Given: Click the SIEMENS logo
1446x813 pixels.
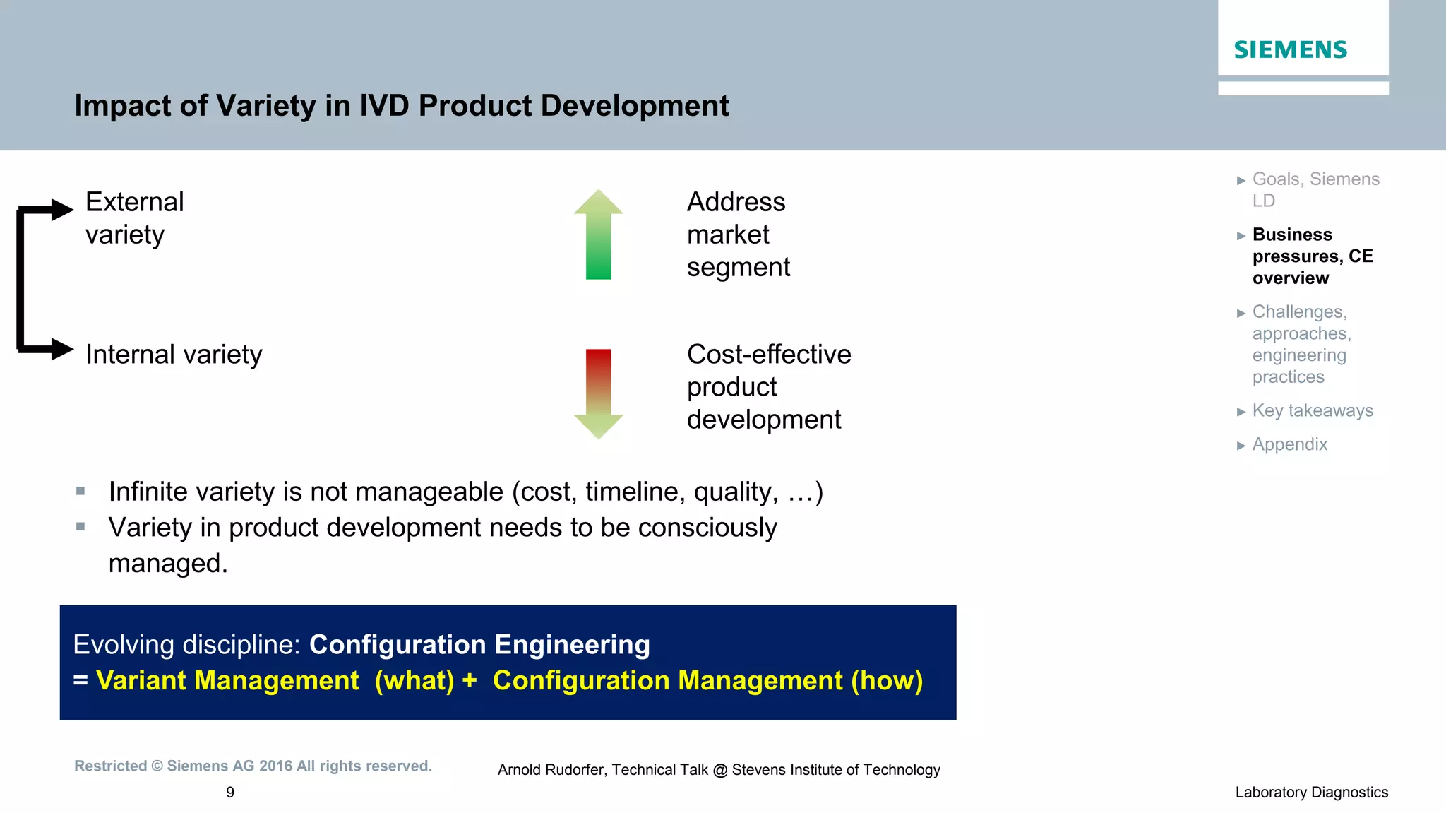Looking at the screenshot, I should [x=1290, y=49].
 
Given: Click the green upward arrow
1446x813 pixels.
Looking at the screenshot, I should [x=598, y=235].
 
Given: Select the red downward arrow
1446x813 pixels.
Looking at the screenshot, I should [x=598, y=393].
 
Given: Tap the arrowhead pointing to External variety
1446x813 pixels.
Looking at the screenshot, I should [x=62, y=210].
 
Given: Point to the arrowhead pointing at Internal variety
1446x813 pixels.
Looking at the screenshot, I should [x=62, y=349].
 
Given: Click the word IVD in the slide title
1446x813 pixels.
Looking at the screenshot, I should [x=384, y=106].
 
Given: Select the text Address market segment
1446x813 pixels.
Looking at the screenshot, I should [x=738, y=235].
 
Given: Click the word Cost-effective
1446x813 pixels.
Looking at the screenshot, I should [x=769, y=355].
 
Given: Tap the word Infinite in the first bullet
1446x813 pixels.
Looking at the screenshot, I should [x=148, y=492].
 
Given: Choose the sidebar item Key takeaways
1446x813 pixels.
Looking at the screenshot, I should [x=1312, y=410].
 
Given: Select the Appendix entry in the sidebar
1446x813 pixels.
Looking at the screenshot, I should [x=1289, y=444].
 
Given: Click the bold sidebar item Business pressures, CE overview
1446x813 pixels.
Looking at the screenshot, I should [x=1312, y=256].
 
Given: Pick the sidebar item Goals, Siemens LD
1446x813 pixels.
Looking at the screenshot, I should [x=1315, y=189].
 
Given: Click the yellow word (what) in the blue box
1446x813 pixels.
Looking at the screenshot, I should [x=414, y=680].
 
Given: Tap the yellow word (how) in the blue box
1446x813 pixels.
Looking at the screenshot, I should [x=887, y=680].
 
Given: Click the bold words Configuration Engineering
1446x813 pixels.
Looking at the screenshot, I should [x=479, y=644].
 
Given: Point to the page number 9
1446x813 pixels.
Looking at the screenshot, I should [x=230, y=793].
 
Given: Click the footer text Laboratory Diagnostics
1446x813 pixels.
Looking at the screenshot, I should [x=1311, y=793].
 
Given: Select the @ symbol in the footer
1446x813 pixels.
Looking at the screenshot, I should [x=719, y=771].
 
